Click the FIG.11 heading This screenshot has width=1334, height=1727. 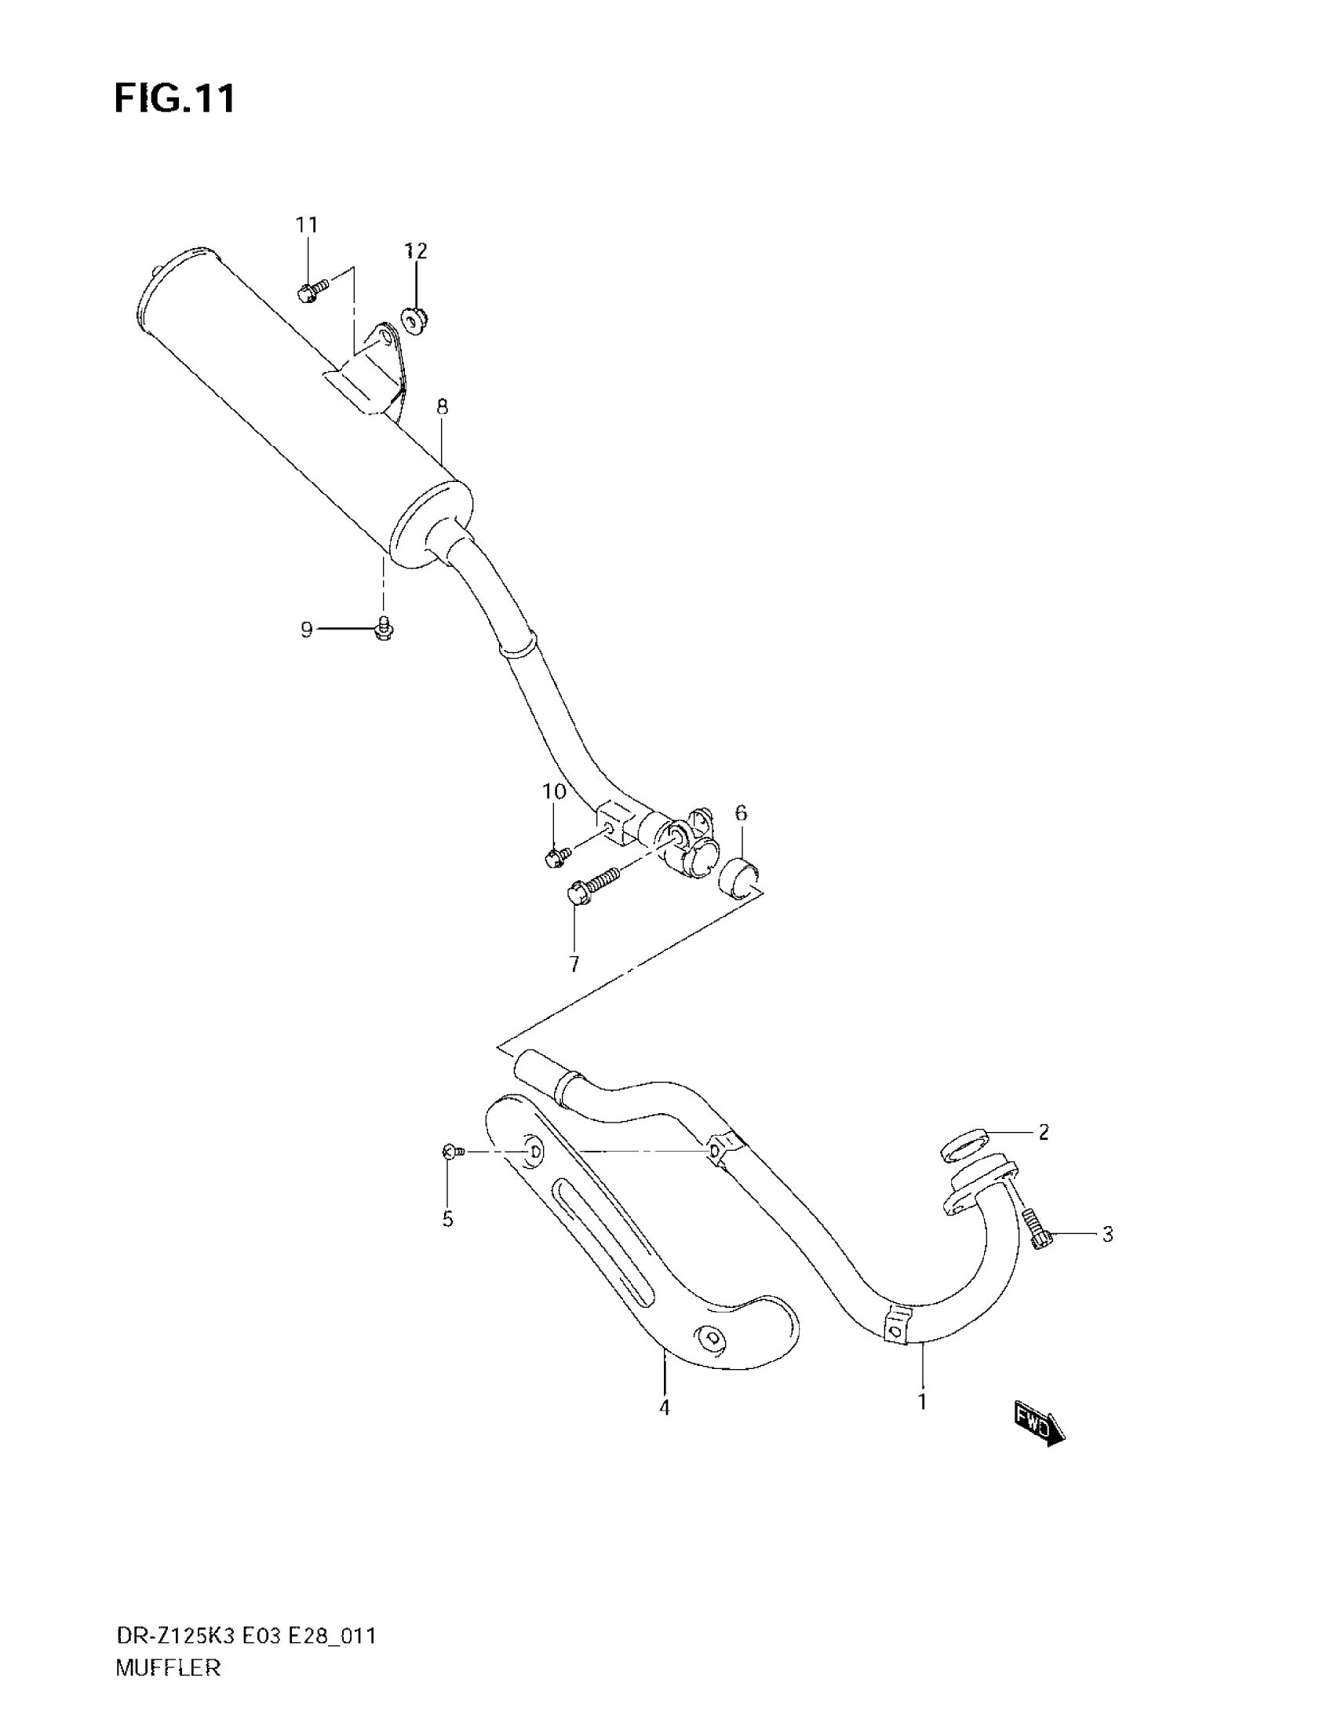click(x=175, y=100)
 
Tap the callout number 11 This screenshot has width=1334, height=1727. click(x=307, y=225)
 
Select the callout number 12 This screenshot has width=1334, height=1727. click(x=416, y=250)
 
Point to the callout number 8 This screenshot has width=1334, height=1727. click(x=442, y=407)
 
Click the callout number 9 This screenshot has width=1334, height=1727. click(x=307, y=630)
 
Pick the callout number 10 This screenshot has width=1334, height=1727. click(x=554, y=791)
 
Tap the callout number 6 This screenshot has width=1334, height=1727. click(x=741, y=813)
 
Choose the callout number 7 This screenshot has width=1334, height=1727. click(x=574, y=964)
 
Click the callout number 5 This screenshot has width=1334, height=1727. click(x=448, y=1219)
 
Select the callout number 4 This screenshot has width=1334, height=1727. click(x=665, y=1408)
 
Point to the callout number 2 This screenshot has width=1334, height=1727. click(x=1044, y=1132)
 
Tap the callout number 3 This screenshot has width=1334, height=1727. click(x=1107, y=1233)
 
